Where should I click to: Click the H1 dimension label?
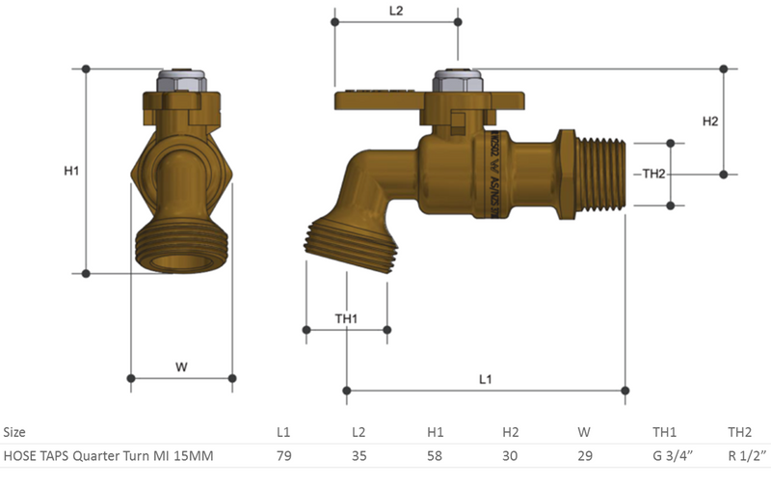coord(70,171)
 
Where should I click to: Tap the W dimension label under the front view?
coord(181,366)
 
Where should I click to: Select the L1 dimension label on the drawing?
coord(486,379)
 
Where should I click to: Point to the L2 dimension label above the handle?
coord(396,11)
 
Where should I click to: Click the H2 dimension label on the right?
coord(710,122)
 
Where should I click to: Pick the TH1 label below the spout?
coord(346,318)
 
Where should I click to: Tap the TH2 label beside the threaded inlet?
coord(654,174)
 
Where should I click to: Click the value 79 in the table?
coord(283,456)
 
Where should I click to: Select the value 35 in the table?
coord(359,456)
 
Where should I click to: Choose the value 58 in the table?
coord(435,456)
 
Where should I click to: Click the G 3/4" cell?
coord(667,456)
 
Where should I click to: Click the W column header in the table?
coord(584,432)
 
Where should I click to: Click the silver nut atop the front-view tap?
coord(181,82)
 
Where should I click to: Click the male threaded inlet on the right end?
coord(599,174)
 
